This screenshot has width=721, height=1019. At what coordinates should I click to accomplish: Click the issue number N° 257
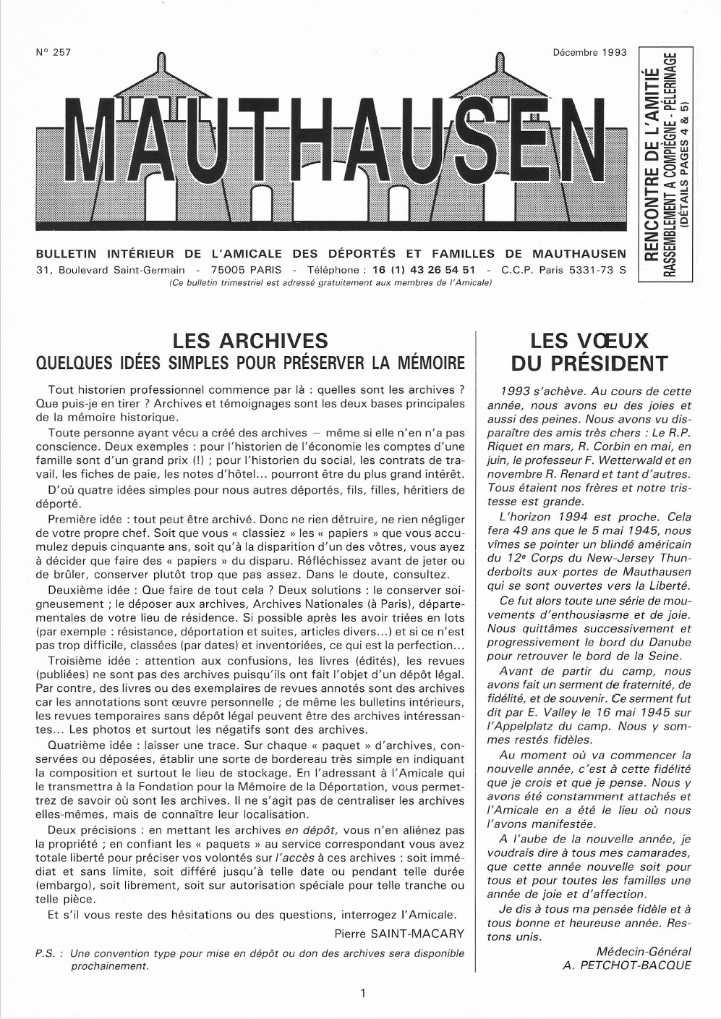(x=52, y=53)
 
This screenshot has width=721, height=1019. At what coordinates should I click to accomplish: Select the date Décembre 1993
(x=589, y=53)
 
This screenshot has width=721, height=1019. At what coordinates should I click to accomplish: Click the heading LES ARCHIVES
(x=250, y=341)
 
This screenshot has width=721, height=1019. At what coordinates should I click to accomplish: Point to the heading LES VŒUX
(x=589, y=341)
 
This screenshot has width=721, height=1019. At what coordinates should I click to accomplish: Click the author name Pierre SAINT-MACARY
(x=399, y=934)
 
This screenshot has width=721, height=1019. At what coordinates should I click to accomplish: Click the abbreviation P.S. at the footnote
(x=48, y=954)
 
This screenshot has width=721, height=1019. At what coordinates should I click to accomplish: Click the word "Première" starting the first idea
(x=72, y=519)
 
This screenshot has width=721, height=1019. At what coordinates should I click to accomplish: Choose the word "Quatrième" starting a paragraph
(x=74, y=745)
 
